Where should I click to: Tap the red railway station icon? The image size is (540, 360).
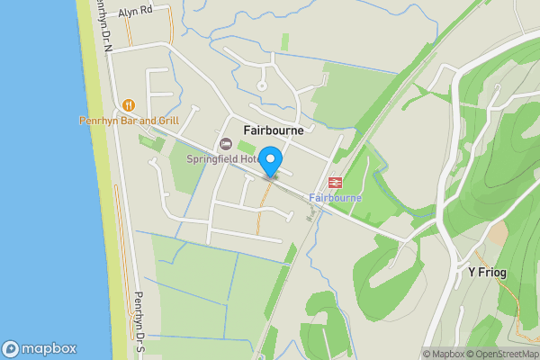click(x=335, y=183)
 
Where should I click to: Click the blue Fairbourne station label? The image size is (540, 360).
click(x=335, y=197)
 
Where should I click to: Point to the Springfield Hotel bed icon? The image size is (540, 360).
click(x=225, y=144)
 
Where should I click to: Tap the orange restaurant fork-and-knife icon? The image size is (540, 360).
click(x=128, y=105)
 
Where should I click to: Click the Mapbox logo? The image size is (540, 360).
click(x=40, y=349)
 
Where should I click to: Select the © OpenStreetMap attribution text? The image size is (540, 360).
click(x=501, y=354)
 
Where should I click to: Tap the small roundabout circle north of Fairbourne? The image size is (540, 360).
click(x=262, y=86)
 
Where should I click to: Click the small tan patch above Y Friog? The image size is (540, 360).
click(x=498, y=233)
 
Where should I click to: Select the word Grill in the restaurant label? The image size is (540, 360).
click(x=166, y=121)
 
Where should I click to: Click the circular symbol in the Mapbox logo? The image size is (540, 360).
click(x=11, y=349)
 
